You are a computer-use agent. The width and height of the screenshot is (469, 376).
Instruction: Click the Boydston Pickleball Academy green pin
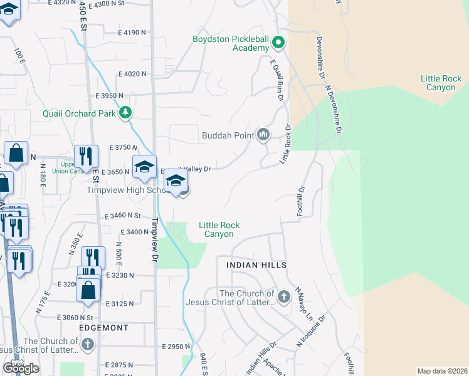[278, 43]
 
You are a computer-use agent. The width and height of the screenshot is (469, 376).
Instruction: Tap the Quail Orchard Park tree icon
[127, 113]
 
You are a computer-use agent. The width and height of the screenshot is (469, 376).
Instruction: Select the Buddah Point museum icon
[263, 135]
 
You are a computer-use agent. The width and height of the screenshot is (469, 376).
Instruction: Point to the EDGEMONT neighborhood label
[103, 328]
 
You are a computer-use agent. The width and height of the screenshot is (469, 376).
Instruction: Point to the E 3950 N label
[112, 96]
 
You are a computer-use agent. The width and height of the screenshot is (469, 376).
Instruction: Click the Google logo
[21, 368]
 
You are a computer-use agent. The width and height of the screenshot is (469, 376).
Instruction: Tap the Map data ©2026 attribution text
[441, 370]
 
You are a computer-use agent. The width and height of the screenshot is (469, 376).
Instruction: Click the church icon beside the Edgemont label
[88, 344]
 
